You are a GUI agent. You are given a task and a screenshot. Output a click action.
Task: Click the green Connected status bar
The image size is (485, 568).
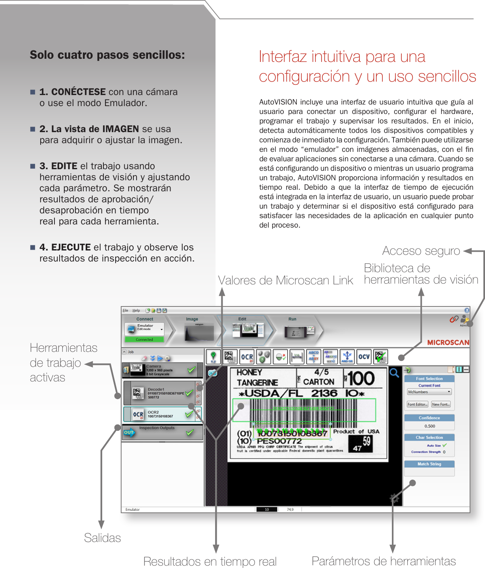[144, 339]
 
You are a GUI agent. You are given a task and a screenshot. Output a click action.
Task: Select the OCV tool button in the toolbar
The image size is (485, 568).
[363, 357]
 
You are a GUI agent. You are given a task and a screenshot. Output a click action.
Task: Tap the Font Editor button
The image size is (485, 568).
[417, 404]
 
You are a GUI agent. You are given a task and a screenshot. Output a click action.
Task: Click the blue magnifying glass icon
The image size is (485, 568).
[394, 373]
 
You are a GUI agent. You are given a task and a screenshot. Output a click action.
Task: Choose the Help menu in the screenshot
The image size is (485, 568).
[136, 310]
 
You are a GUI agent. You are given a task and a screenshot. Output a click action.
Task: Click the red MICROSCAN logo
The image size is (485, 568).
[448, 342]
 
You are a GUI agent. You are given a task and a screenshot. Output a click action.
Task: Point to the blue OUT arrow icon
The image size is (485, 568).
[129, 432]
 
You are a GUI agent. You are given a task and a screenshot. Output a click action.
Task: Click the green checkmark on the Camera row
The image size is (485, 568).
[191, 370]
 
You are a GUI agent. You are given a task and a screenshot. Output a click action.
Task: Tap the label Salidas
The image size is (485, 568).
[102, 538]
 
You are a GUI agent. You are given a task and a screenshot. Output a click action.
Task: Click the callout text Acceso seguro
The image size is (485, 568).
[421, 251]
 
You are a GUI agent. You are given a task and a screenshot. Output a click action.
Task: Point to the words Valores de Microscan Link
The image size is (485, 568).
[285, 280]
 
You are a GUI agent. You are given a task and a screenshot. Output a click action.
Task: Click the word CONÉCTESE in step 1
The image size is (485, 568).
[78, 92]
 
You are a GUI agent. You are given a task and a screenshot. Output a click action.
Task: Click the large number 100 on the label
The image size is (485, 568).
[361, 378]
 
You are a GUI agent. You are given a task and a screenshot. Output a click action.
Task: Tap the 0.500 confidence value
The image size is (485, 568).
[429, 426]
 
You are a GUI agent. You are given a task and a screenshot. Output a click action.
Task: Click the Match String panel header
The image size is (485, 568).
[429, 464]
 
